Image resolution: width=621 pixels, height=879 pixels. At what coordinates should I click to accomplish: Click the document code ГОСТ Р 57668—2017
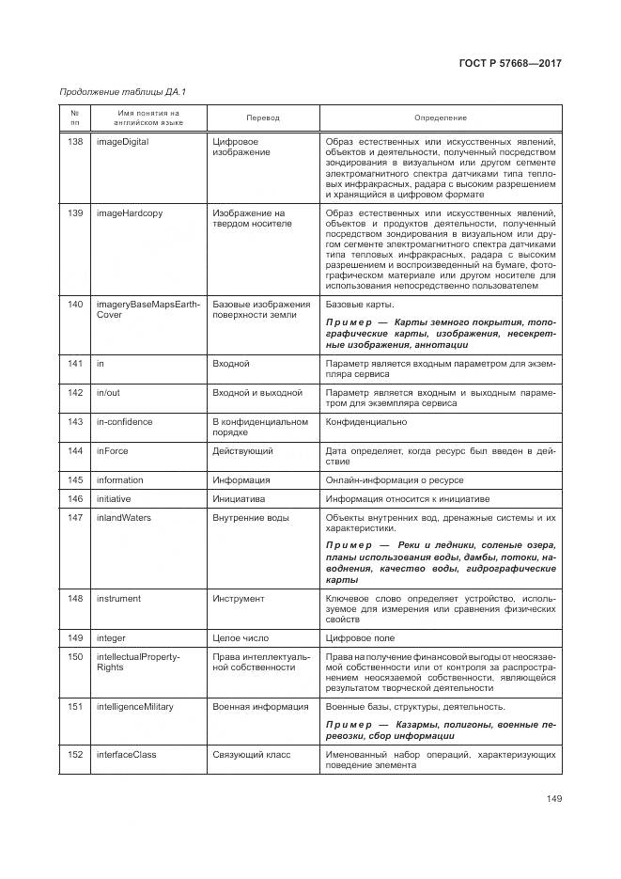(x=510, y=63)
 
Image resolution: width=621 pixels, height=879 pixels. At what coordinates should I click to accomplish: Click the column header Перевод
(x=263, y=118)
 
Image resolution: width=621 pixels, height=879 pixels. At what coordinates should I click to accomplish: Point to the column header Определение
(x=440, y=118)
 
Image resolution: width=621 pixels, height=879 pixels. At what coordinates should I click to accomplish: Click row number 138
(x=75, y=142)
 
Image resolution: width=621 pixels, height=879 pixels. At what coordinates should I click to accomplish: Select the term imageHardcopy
(x=130, y=213)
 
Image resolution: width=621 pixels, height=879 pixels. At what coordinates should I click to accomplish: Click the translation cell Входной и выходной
(x=257, y=392)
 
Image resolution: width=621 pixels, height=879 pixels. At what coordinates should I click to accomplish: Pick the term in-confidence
(x=125, y=422)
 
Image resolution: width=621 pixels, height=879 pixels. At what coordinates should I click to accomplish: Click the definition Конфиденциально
(x=364, y=422)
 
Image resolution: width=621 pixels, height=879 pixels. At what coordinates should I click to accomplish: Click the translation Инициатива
(x=240, y=498)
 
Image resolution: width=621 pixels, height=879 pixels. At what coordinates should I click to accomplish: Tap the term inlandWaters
(x=124, y=517)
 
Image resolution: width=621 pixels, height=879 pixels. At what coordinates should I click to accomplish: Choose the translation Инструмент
(x=239, y=598)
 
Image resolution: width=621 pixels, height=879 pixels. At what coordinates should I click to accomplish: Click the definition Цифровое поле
(x=360, y=637)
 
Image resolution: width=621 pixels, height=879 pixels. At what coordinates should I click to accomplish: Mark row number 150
(x=75, y=656)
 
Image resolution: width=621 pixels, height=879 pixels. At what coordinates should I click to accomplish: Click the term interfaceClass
(x=127, y=754)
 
